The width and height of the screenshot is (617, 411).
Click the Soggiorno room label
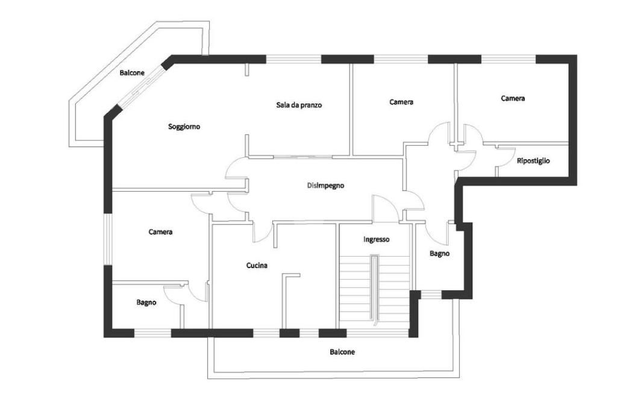184,127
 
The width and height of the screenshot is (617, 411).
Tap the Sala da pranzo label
299,105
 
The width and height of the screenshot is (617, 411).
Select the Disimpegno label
325,186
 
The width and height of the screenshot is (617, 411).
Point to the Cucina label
257,265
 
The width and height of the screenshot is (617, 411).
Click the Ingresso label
377,239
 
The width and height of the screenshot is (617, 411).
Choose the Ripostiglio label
533,161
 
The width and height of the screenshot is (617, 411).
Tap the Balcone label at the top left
132,73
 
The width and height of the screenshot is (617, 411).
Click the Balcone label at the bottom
342,352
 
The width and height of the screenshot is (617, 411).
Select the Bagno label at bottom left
146,303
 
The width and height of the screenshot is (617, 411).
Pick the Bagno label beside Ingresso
439,254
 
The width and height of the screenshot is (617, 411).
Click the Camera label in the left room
161,232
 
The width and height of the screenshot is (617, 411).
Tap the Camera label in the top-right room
513,98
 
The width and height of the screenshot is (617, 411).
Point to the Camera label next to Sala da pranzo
401,102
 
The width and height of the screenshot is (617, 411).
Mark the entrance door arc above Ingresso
384,208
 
